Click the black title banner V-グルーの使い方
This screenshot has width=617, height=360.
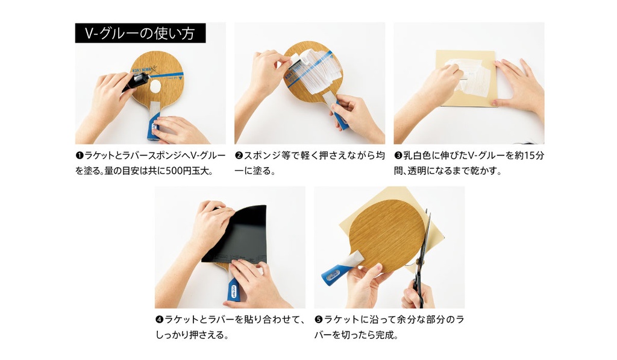tap(140, 33)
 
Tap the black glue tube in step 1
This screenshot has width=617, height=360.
tap(136, 83)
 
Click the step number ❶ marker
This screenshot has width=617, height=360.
tap(80, 156)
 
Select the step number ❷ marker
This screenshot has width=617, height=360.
tap(239, 156)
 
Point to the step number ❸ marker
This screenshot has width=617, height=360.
tap(398, 156)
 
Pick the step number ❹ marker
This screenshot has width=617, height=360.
tap(159, 320)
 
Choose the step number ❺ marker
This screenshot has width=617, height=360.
tap(318, 320)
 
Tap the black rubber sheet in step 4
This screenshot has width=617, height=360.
tap(237, 235)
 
